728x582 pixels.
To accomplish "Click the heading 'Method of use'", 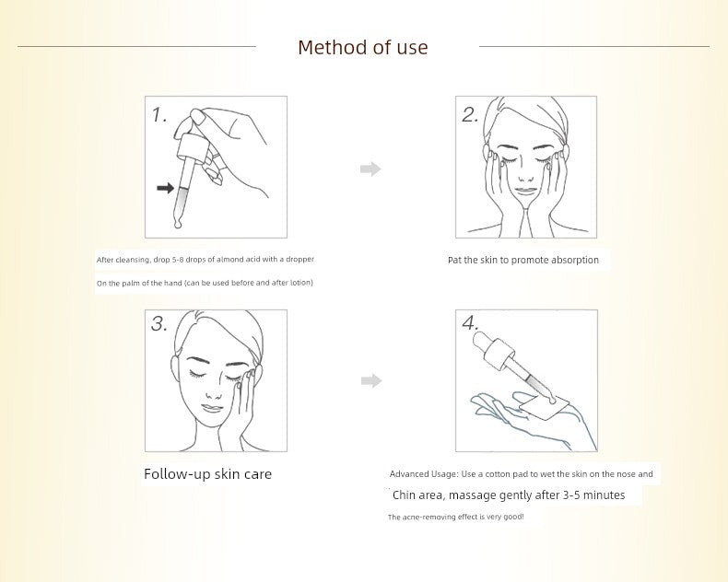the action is click(x=362, y=47).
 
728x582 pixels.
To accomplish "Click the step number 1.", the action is click(x=159, y=115).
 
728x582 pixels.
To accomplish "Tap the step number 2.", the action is click(x=470, y=115).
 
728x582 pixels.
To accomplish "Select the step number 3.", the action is click(x=159, y=323).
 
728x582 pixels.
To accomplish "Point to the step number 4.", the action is click(x=470, y=323).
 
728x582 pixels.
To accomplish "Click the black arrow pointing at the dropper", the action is click(x=165, y=188).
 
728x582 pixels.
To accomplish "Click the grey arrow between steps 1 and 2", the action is click(x=370, y=169).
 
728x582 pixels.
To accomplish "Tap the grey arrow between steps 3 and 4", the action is click(x=371, y=381).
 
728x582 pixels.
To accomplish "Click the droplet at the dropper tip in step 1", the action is click(x=177, y=225).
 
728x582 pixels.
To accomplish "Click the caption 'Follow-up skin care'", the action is click(x=207, y=474).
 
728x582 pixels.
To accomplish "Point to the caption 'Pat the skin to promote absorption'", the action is click(x=523, y=260).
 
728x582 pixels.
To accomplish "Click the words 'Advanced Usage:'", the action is click(x=424, y=474).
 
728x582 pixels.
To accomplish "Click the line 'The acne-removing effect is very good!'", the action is click(x=456, y=517).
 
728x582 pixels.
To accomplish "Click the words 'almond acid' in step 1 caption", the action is click(x=238, y=260).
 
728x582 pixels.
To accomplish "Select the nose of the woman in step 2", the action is click(x=525, y=174).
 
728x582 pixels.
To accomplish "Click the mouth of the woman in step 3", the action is click(x=212, y=408).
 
